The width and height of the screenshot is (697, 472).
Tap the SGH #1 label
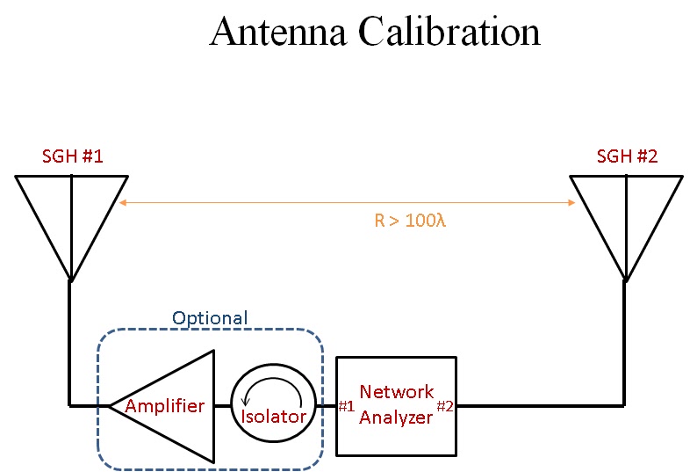click(73, 157)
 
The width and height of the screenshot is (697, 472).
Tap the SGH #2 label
click(627, 157)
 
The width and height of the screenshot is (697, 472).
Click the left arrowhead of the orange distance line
click(122, 203)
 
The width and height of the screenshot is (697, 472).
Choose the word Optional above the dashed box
click(210, 318)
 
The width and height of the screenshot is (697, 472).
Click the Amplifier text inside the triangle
click(165, 406)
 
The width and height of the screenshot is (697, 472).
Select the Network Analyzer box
click(396, 405)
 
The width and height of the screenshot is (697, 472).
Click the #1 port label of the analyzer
click(346, 406)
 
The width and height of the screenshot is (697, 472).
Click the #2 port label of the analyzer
click(446, 406)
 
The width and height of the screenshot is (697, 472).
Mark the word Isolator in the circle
click(273, 416)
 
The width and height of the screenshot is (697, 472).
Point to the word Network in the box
click(397, 392)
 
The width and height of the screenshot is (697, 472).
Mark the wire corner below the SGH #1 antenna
click(70, 405)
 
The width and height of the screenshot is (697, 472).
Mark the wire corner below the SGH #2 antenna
click(624, 405)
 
